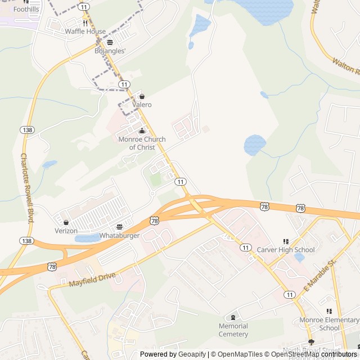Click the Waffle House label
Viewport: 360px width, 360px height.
click(x=85, y=31)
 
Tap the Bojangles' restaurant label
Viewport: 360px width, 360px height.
click(x=110, y=51)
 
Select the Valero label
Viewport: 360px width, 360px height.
click(x=142, y=105)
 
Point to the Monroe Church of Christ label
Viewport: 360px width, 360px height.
click(x=142, y=143)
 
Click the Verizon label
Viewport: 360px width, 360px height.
click(x=66, y=231)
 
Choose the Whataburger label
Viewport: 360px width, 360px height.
click(x=119, y=235)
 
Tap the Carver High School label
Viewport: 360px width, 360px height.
click(x=285, y=250)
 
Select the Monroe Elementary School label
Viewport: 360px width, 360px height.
click(x=328, y=324)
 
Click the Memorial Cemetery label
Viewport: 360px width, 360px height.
click(x=233, y=330)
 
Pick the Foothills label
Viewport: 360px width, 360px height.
click(x=26, y=10)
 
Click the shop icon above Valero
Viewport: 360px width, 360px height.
click(x=142, y=96)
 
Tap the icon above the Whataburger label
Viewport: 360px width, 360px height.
click(x=119, y=226)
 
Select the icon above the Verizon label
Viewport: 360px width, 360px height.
click(x=66, y=222)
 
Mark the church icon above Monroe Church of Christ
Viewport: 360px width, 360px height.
click(x=142, y=131)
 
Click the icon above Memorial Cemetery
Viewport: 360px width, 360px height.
click(x=233, y=318)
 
